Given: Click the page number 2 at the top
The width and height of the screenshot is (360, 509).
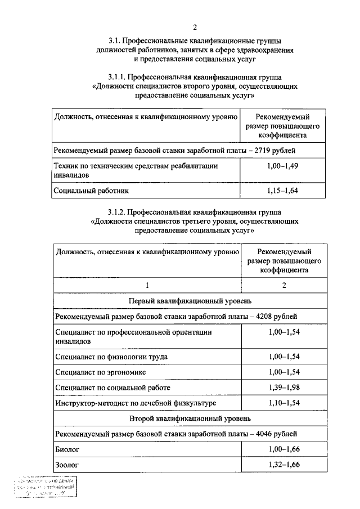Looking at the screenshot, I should (x=195, y=27).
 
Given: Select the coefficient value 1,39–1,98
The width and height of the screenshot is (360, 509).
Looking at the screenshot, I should (x=284, y=388).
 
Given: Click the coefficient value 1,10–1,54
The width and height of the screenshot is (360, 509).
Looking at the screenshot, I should (x=284, y=403).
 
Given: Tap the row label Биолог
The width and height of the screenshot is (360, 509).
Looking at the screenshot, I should (x=68, y=449).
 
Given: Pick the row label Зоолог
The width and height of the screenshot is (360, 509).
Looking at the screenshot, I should (x=67, y=465).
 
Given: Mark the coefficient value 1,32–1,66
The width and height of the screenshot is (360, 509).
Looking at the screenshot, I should (x=284, y=465).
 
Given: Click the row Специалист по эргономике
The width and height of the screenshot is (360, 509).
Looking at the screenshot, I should (x=101, y=372).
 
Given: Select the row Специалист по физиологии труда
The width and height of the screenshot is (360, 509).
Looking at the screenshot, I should (x=111, y=357).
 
